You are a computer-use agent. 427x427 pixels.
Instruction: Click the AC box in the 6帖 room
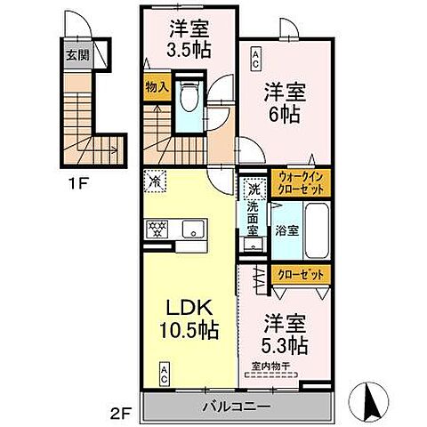coord(255,60)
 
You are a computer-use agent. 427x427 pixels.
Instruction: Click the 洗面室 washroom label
coord(253,217)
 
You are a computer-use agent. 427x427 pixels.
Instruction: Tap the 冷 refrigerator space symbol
coord(156,179)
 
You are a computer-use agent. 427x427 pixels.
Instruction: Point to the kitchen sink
coord(190,230)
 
